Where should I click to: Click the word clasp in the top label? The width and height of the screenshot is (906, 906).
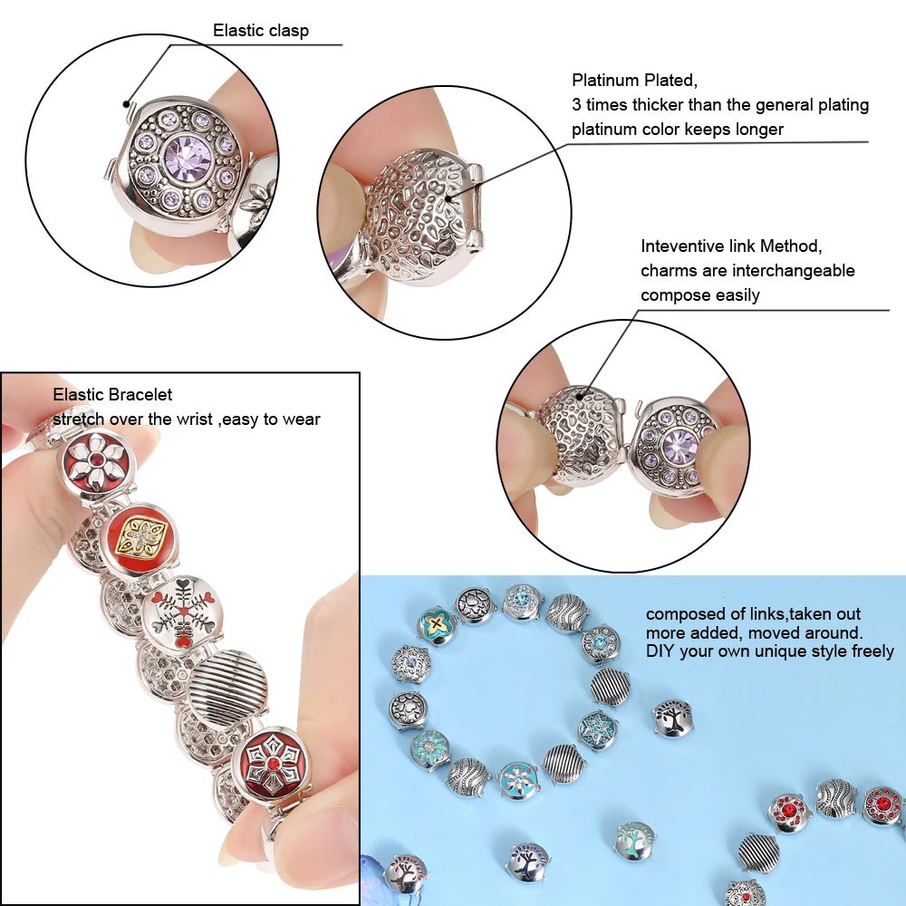pyautogui.click(x=288, y=31)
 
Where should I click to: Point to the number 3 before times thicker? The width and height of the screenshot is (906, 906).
pyautogui.click(x=576, y=105)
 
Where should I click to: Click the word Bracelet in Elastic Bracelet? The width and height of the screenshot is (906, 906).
pyautogui.click(x=140, y=395)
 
